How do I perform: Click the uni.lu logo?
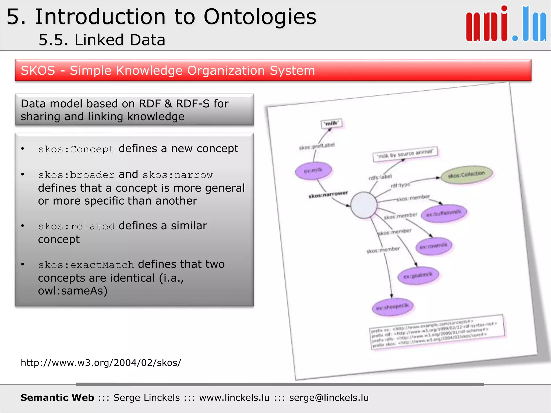click(x=506, y=24)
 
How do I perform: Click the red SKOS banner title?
click(x=168, y=70)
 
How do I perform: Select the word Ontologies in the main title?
click(x=260, y=17)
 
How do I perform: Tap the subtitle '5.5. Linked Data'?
click(x=102, y=40)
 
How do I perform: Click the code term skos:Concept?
click(x=76, y=149)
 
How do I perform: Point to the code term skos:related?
click(x=76, y=226)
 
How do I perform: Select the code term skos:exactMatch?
click(x=86, y=265)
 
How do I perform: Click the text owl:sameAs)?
click(x=73, y=291)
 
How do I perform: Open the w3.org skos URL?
click(x=101, y=363)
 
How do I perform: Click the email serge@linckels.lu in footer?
click(x=329, y=398)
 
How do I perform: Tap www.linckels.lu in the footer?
click(x=234, y=398)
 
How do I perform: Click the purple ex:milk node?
click(x=313, y=170)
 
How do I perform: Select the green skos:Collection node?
click(x=467, y=175)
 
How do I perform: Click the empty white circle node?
click(x=364, y=205)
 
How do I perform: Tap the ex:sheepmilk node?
click(x=393, y=307)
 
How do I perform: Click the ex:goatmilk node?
click(x=418, y=276)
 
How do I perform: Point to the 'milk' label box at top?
click(x=331, y=123)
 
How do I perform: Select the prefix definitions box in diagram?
click(x=437, y=332)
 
